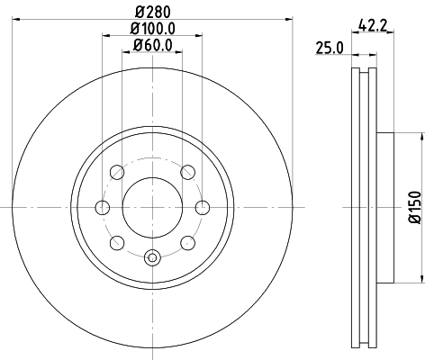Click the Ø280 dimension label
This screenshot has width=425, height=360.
tap(152, 11)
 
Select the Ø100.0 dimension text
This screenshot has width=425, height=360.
tap(152, 28)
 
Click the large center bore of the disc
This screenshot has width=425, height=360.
tap(151, 207)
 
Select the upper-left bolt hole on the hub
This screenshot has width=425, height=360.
tap(115, 173)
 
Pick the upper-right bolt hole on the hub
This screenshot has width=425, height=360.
tap(187, 173)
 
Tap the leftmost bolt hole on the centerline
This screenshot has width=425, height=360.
tap(103, 208)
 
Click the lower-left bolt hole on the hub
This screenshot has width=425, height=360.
tap(115, 242)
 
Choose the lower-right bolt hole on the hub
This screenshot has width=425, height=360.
tap(187, 242)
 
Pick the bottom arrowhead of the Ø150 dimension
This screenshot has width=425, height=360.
tap(419, 278)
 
